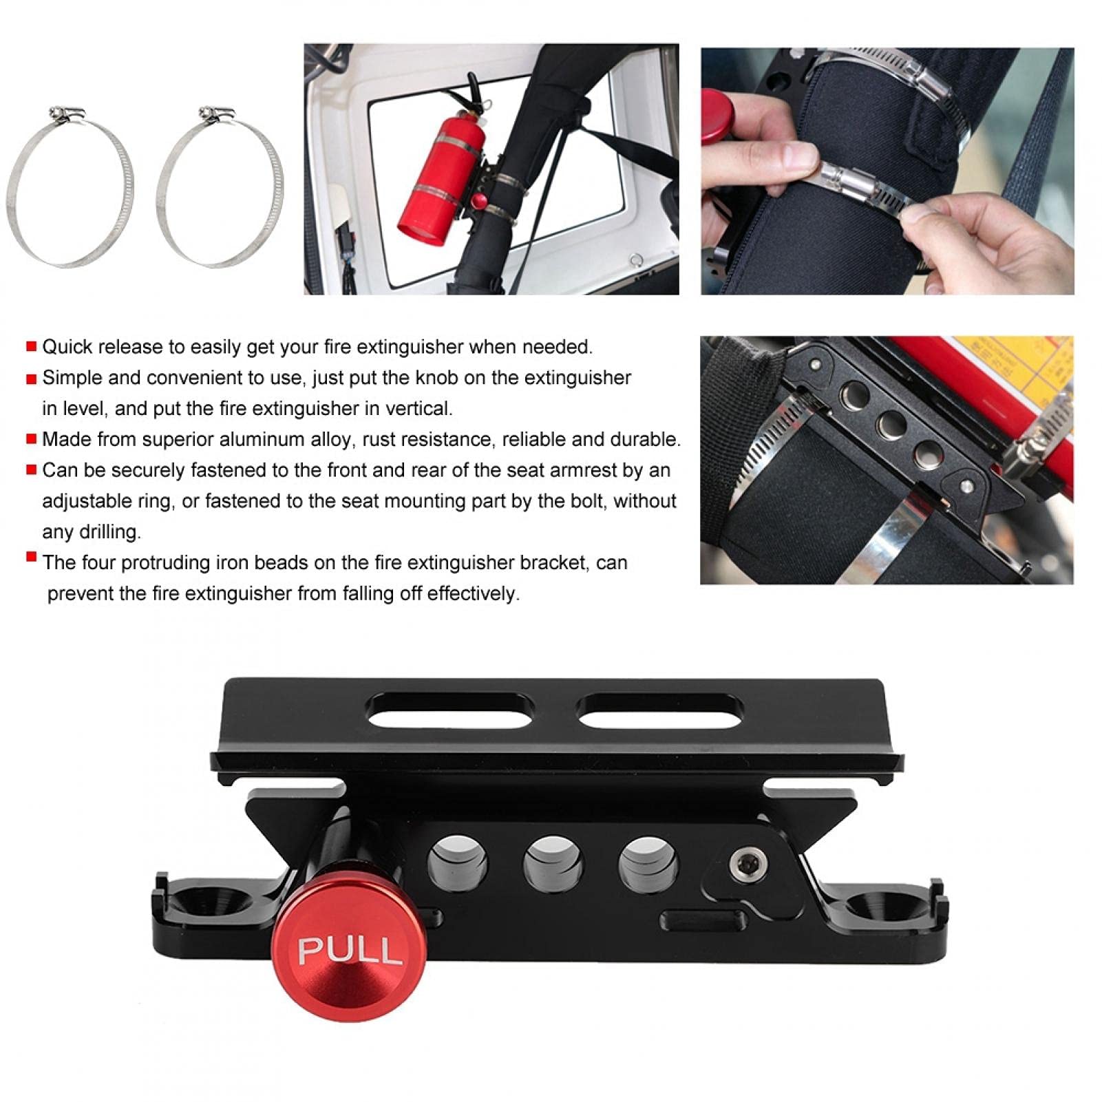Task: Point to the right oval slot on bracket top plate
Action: click(659, 711)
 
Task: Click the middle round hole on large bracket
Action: click(553, 863)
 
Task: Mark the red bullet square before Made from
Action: click(32, 438)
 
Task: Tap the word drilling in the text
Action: click(109, 532)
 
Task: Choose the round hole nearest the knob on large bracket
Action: click(458, 863)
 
